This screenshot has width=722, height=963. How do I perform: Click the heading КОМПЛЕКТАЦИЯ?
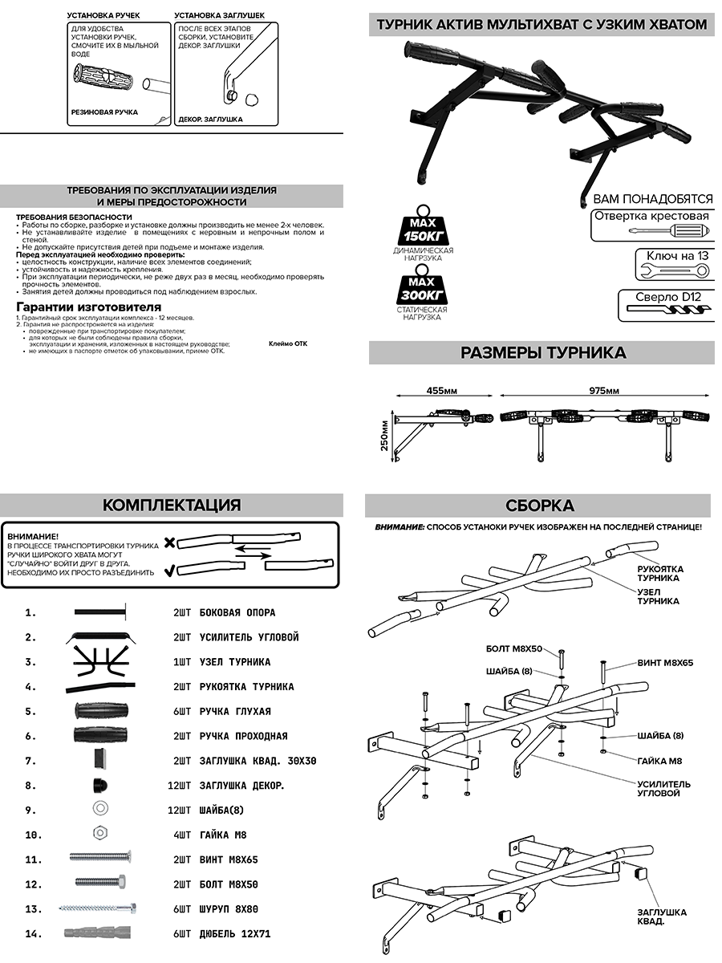(x=172, y=505)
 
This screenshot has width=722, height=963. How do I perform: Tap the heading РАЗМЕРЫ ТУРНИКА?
(x=542, y=353)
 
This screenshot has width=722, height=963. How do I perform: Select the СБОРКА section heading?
(x=539, y=505)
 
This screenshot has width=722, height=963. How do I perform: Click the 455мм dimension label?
(x=441, y=391)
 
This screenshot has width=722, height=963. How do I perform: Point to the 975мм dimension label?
(x=603, y=391)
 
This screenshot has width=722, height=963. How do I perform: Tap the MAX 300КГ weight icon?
(x=422, y=288)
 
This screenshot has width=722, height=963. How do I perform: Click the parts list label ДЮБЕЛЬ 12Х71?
(x=233, y=934)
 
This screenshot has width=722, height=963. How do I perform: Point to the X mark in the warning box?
(x=169, y=543)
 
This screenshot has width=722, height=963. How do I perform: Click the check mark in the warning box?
(x=169, y=571)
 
